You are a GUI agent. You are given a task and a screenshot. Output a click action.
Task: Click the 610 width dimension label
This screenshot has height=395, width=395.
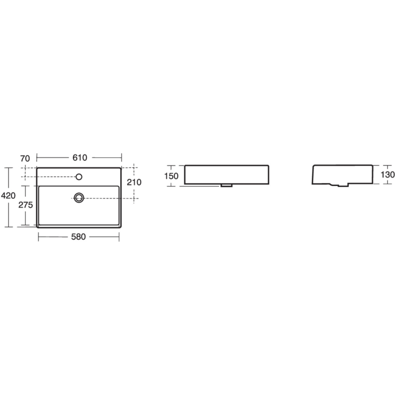(79, 158)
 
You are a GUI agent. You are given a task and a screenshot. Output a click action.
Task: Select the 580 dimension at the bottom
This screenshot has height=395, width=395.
(79, 237)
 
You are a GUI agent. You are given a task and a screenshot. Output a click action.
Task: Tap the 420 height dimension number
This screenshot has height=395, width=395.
(8, 196)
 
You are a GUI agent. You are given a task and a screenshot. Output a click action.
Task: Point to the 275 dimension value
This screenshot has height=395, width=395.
(25, 205)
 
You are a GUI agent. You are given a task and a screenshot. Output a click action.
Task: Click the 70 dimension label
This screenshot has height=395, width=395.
(25, 158)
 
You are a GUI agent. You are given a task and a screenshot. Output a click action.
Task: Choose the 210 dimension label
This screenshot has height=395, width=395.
(135, 182)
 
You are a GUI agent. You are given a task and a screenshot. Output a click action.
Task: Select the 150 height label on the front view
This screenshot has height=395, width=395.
(171, 176)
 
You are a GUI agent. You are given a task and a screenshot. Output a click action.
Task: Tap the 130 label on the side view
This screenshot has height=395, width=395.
(387, 175)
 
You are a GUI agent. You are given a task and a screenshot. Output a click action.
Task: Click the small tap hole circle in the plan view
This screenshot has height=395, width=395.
(79, 177)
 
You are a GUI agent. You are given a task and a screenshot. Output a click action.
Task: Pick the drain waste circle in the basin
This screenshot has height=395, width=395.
(79, 197)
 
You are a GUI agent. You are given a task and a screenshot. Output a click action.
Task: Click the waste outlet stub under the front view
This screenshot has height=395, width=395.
(227, 186)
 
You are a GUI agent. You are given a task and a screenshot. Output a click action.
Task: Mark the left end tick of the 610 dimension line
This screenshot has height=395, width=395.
(37, 157)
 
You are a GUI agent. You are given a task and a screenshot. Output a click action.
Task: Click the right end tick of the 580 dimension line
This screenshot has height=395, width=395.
(119, 237)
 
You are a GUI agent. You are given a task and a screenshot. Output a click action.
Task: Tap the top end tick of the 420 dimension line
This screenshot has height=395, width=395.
(8, 167)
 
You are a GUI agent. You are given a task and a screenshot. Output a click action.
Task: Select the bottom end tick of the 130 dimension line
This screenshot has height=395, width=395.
(387, 184)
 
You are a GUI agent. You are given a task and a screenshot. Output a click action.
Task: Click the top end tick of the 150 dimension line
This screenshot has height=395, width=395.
(171, 165)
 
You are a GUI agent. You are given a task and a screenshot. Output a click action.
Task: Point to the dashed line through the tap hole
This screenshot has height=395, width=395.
(50, 177)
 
